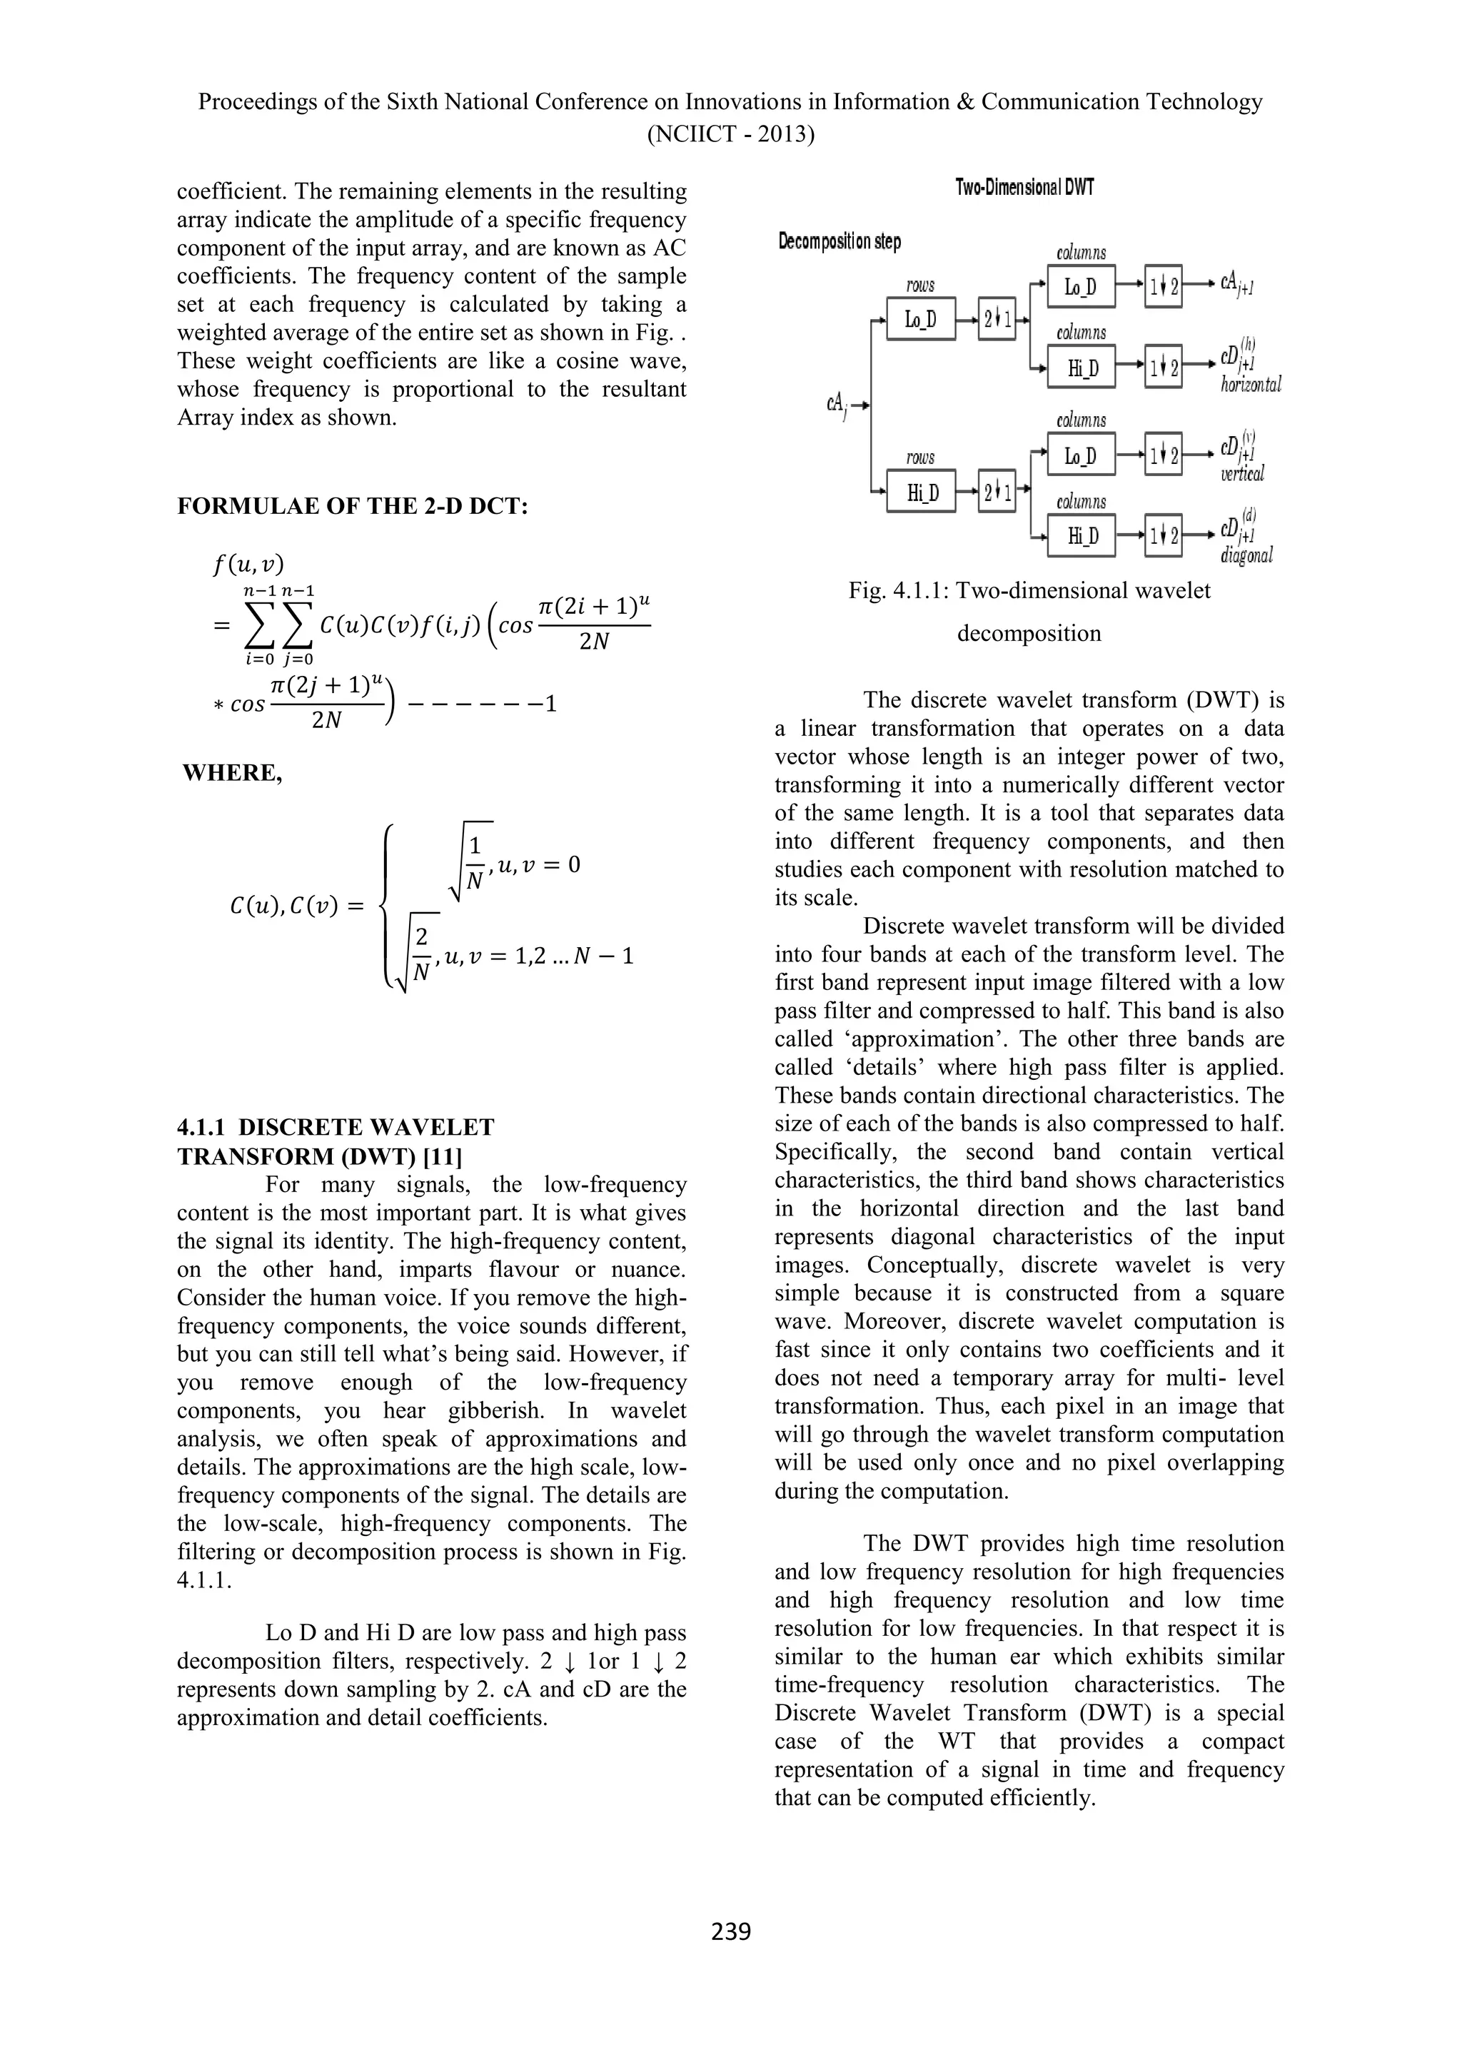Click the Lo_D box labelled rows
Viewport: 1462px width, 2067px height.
click(x=920, y=319)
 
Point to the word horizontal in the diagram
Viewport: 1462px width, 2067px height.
click(x=1251, y=385)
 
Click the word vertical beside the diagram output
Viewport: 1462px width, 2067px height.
click(x=1242, y=473)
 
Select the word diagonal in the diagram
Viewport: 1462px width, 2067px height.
click(x=1246, y=555)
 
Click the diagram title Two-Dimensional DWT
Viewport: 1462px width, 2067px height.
click(x=1024, y=188)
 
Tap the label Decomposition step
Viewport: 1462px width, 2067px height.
click(x=839, y=241)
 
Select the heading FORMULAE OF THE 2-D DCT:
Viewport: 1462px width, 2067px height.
click(x=352, y=506)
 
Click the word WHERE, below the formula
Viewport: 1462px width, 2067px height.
click(x=232, y=773)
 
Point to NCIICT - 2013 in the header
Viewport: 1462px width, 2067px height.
click(x=730, y=135)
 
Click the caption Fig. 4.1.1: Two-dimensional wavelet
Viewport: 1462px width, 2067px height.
click(x=1029, y=590)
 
